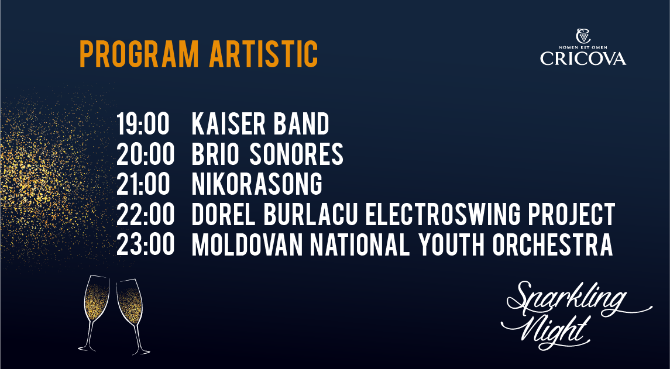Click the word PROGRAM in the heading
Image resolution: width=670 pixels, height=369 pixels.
(139, 54)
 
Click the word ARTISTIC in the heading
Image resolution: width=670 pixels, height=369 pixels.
(264, 54)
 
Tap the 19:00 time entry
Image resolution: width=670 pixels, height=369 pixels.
(143, 125)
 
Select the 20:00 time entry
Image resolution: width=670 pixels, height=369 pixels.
(145, 154)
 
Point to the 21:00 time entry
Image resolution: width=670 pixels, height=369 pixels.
(143, 184)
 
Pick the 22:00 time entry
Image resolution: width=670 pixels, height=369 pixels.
(145, 215)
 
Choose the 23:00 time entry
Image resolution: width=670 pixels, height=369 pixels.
(145, 244)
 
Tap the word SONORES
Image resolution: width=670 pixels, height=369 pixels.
(297, 154)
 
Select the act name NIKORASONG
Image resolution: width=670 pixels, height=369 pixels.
(257, 184)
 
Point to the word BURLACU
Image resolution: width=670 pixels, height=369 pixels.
(310, 215)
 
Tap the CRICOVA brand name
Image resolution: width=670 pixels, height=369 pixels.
(583, 58)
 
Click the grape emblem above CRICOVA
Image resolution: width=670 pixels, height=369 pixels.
(583, 36)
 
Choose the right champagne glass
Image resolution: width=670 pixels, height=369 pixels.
(132, 316)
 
